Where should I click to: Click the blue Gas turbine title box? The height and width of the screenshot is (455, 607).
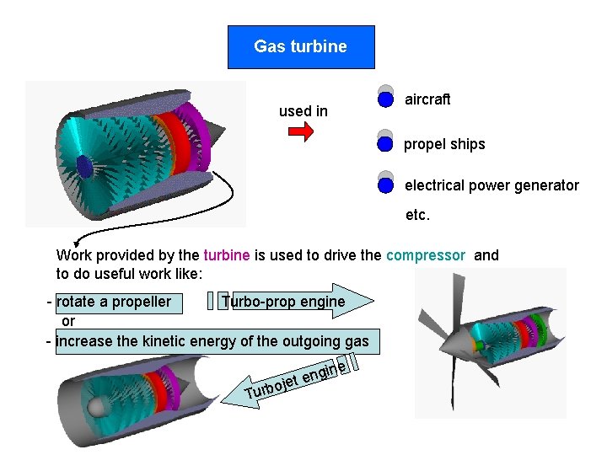(x=301, y=46)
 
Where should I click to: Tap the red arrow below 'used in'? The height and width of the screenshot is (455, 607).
(x=301, y=132)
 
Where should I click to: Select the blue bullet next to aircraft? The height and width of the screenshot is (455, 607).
(x=385, y=99)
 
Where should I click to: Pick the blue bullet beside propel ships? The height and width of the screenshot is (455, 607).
(x=385, y=143)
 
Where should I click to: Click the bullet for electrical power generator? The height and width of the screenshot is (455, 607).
(x=385, y=185)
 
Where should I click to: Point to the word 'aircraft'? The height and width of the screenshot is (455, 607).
(x=427, y=99)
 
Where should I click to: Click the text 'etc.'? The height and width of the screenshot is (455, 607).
(x=417, y=215)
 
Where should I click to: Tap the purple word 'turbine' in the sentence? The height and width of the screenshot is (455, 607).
(x=227, y=255)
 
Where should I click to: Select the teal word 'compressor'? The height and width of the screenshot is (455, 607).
(x=426, y=255)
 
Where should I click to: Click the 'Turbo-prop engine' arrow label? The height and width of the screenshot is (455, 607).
(x=283, y=302)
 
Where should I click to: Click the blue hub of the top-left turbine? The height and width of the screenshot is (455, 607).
(x=84, y=167)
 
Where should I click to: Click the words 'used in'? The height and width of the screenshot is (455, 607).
(x=303, y=111)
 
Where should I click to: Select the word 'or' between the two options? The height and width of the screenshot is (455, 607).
(x=68, y=321)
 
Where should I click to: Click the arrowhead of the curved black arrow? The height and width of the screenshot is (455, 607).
(x=77, y=242)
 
